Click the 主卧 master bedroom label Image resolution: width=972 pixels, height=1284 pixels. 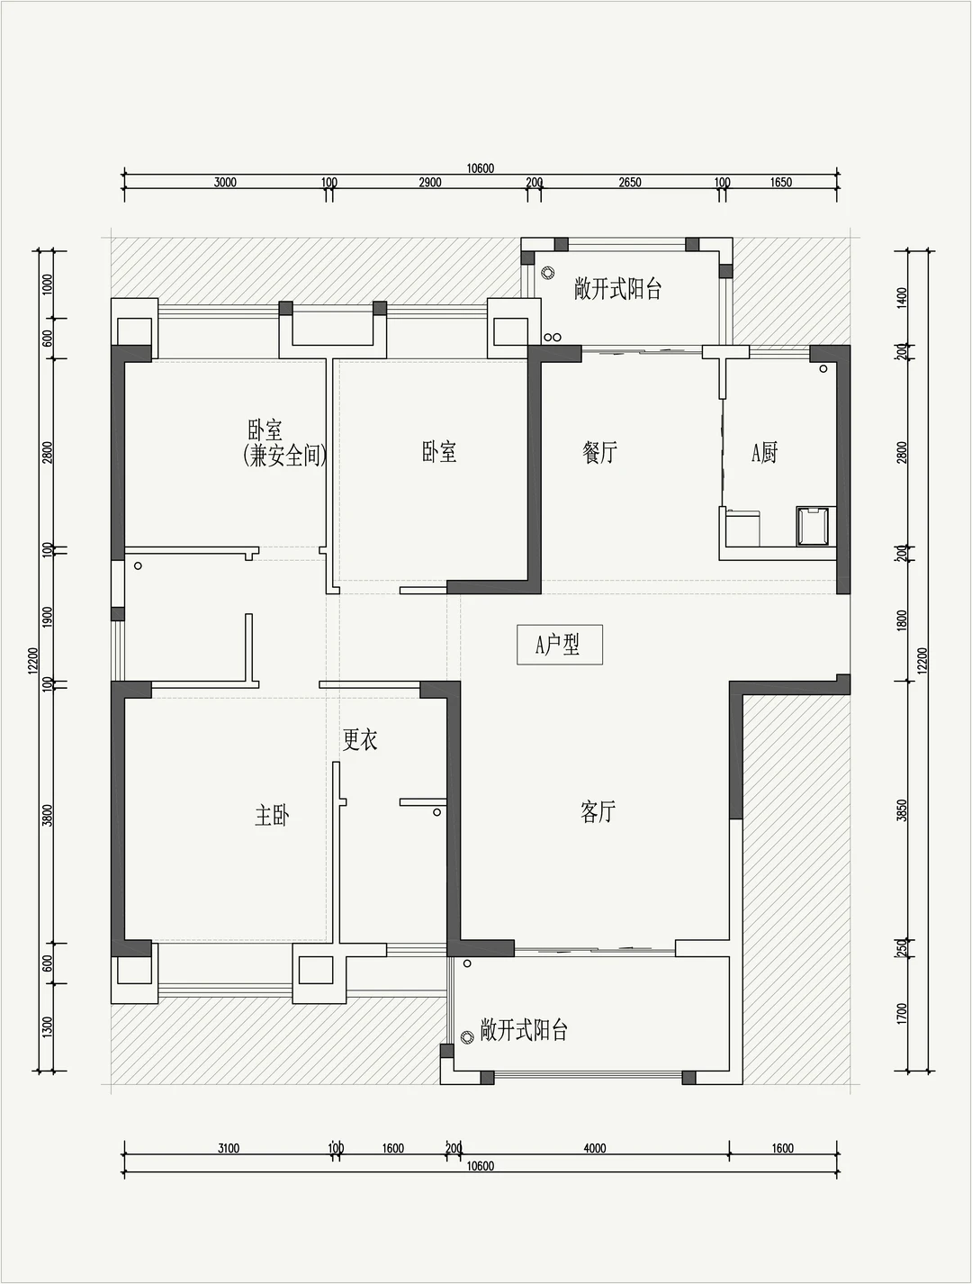tap(272, 816)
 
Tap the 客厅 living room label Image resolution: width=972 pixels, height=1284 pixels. tap(598, 812)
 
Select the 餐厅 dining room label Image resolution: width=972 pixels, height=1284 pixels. tap(599, 452)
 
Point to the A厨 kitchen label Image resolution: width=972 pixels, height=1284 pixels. tap(764, 453)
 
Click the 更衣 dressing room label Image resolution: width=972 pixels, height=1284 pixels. tap(360, 739)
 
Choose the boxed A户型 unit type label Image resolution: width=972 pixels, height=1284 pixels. tap(560, 645)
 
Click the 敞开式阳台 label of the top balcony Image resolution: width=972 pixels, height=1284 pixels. tap(617, 289)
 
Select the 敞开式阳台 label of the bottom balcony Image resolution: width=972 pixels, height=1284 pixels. tap(524, 1030)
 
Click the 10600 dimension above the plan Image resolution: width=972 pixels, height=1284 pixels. tap(481, 168)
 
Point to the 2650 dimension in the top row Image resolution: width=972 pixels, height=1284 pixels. tap(630, 183)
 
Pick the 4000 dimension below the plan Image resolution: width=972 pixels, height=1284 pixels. tap(594, 1148)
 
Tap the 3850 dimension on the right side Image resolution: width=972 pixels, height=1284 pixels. tap(903, 810)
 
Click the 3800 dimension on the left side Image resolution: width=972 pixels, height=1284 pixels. tap(48, 816)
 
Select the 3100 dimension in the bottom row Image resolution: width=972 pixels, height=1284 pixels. tap(229, 1148)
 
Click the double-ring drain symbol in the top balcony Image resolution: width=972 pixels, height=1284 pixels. tap(548, 273)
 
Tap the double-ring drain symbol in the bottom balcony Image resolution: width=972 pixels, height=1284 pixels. tap(466, 1037)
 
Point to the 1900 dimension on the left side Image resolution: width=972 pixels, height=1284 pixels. tap(48, 618)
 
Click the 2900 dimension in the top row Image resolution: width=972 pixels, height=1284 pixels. tap(430, 183)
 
